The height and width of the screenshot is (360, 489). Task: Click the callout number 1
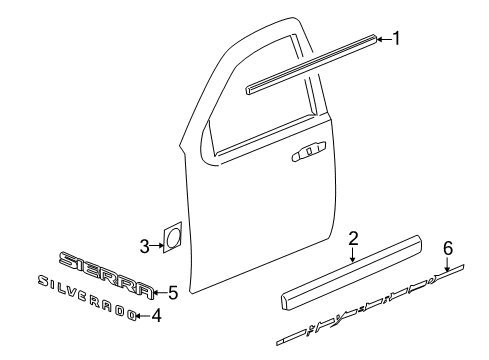[x=398, y=38]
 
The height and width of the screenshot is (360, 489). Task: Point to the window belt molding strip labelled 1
[x=310, y=64]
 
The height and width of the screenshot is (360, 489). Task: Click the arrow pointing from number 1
[x=383, y=40]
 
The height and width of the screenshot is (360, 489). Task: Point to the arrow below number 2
[x=353, y=256]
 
